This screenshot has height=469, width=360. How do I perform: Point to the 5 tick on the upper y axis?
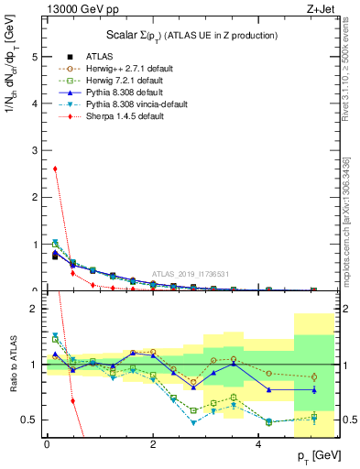click(x=35, y=57)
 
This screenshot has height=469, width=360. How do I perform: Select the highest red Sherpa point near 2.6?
click(x=56, y=169)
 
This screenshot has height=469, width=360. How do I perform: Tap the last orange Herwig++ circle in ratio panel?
click(x=313, y=376)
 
